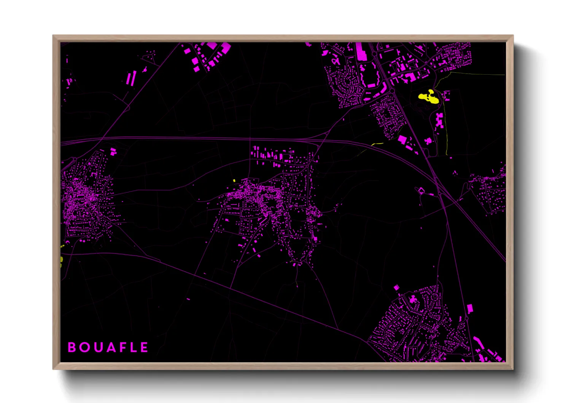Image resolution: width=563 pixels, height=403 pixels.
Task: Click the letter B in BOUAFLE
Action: [72, 347]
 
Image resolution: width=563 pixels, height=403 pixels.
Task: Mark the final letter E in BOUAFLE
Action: [144, 347]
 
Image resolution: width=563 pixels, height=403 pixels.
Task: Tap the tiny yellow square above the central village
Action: [234, 181]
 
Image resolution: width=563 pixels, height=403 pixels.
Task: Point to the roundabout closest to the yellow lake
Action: [392, 91]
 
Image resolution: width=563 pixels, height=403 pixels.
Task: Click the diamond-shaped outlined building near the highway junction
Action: [421, 190]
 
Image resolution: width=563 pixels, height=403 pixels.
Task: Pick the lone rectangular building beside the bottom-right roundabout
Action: [470, 308]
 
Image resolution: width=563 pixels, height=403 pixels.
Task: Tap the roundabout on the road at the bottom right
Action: [466, 318]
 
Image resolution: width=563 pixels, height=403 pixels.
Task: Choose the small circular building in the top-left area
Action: [145, 70]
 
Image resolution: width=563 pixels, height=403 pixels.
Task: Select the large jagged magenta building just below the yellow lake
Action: [440, 120]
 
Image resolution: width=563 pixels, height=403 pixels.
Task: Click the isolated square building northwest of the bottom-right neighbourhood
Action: [396, 287]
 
